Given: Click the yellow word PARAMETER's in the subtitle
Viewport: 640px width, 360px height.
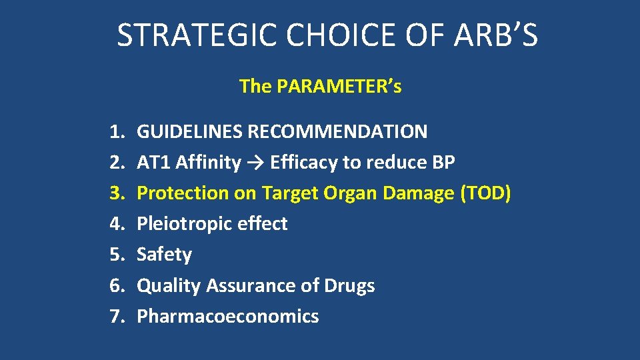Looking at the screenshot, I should click(x=339, y=87).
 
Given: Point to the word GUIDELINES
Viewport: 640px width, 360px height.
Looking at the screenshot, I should click(x=189, y=131).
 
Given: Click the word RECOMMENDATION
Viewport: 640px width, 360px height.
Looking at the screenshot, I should click(x=337, y=131).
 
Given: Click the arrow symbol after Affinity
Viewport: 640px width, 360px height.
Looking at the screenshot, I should click(x=255, y=163).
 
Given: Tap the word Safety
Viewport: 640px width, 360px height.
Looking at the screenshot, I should click(x=164, y=255).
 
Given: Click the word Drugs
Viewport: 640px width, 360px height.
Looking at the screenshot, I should click(x=349, y=285).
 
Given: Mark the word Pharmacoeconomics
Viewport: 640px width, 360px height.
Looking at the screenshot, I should click(x=227, y=316).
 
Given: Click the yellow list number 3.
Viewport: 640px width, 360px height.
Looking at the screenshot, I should click(x=117, y=193).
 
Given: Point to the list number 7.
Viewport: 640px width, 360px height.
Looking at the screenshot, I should click(x=117, y=316).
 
